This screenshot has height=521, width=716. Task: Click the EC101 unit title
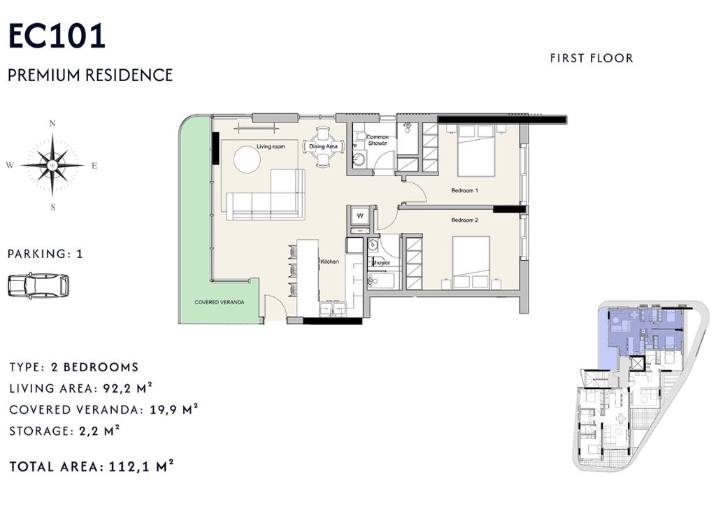pyautogui.click(x=57, y=36)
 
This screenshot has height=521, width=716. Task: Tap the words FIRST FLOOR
pyautogui.click(x=592, y=59)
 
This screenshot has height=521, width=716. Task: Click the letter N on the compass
pyautogui.click(x=52, y=123)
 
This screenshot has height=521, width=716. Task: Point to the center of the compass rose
pyautogui.click(x=52, y=165)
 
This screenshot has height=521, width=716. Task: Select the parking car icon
pyautogui.click(x=38, y=285)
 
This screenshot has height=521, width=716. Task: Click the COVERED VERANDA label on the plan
pyautogui.click(x=219, y=302)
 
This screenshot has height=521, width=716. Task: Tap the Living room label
pyautogui.click(x=271, y=147)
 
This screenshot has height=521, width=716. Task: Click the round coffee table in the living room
pyautogui.click(x=247, y=159)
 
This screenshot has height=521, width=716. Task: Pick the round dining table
pyautogui.click(x=323, y=147)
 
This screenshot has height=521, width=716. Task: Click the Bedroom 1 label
pyautogui.click(x=464, y=190)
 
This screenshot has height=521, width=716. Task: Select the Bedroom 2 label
pyautogui.click(x=464, y=220)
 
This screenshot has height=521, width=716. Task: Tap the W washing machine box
pyautogui.click(x=360, y=216)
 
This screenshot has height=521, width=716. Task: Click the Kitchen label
pyautogui.click(x=330, y=262)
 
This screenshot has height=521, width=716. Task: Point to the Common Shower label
pyautogui.click(x=378, y=140)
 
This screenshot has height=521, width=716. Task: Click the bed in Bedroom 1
pyautogui.click(x=476, y=150)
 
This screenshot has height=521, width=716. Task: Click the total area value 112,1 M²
pyautogui.click(x=141, y=466)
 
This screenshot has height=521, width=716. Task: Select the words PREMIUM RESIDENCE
pyautogui.click(x=90, y=75)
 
